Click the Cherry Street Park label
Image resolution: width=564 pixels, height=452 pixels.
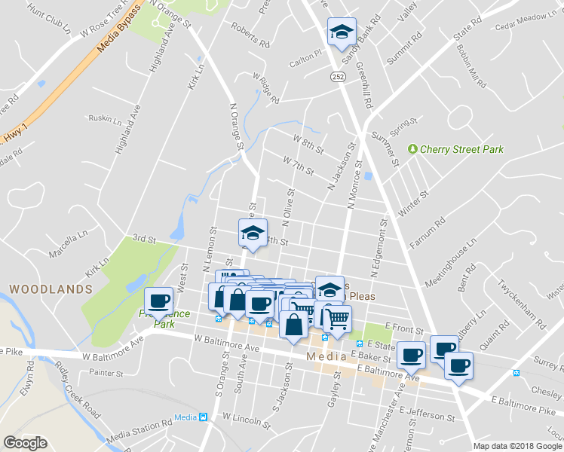pos(462,149)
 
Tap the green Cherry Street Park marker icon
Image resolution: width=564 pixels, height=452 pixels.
pos(412,149)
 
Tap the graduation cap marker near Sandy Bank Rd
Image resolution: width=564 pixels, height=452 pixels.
pos(342,34)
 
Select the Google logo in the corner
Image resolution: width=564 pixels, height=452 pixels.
pos(25,443)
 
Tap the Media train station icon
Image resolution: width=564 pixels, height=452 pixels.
pos(202,417)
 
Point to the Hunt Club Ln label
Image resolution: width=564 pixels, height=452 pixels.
pos(47,20)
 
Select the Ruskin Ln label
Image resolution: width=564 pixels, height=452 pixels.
pos(105,118)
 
